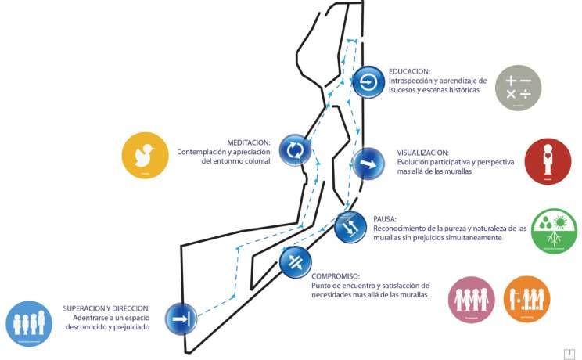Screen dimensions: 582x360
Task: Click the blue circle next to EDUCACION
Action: click(x=368, y=82)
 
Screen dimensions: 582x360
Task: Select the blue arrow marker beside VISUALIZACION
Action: click(x=368, y=165)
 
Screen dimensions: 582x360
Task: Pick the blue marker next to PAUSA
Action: click(x=350, y=227)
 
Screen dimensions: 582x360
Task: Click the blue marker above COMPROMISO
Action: click(x=295, y=261)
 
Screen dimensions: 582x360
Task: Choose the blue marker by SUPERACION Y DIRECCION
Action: click(x=180, y=319)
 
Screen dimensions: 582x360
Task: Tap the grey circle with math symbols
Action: click(x=518, y=87)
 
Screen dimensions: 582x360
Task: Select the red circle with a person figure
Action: click(x=547, y=160)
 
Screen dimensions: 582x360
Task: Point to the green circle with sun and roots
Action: click(x=554, y=231)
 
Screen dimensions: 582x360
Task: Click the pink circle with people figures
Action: click(x=472, y=300)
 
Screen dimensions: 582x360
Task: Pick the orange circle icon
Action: click(x=526, y=300)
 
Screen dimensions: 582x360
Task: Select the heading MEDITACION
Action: click(x=249, y=142)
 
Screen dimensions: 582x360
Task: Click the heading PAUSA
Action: click(x=385, y=220)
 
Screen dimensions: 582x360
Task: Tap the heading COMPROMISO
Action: click(x=335, y=277)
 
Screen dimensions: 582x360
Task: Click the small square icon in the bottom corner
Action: click(x=569, y=354)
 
